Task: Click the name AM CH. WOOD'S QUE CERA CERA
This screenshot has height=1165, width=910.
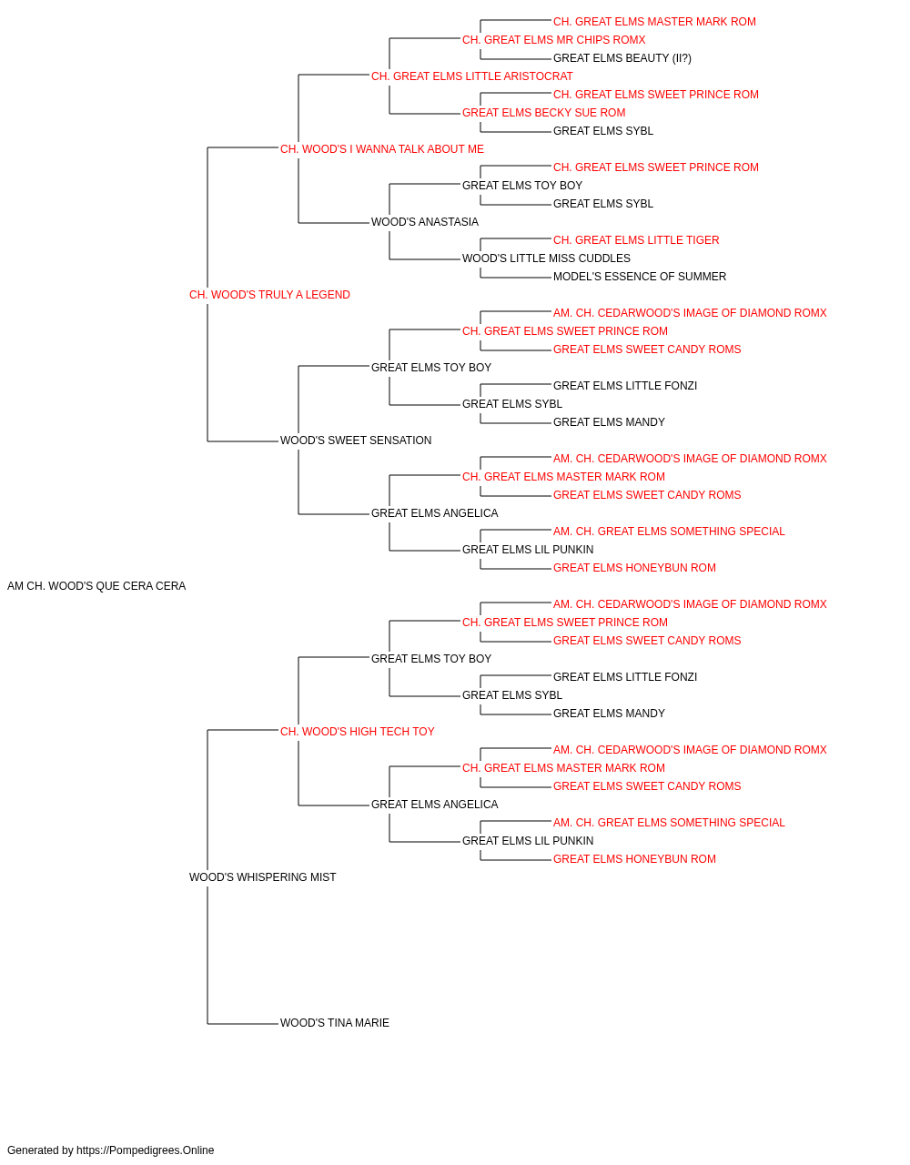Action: click(96, 586)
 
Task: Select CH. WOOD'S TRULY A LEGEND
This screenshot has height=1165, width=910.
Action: click(269, 295)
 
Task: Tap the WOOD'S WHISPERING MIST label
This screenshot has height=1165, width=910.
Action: click(263, 877)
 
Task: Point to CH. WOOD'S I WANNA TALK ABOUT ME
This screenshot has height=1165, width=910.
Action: click(382, 149)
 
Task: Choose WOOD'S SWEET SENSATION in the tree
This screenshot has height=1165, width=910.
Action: click(356, 441)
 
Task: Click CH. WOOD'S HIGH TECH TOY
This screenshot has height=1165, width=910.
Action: click(358, 732)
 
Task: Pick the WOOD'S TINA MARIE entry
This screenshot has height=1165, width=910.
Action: click(335, 1023)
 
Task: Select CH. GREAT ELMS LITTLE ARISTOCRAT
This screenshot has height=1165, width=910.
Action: click(472, 76)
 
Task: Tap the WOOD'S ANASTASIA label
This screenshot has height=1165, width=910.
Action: click(425, 222)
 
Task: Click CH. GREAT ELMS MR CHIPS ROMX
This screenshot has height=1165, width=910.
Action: click(554, 40)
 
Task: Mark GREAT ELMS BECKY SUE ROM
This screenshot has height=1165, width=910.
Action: click(544, 113)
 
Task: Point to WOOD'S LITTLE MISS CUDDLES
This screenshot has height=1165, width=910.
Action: click(547, 258)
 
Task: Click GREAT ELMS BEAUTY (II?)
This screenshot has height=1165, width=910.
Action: click(622, 58)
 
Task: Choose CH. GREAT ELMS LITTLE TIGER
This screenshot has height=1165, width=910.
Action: click(636, 240)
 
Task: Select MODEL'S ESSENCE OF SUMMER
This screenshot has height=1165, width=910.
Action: click(640, 277)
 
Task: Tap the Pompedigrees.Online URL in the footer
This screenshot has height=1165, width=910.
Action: click(146, 1150)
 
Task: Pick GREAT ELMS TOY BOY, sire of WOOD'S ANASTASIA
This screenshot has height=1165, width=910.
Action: click(522, 186)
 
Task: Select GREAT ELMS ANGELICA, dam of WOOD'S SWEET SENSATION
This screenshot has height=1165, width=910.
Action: click(435, 513)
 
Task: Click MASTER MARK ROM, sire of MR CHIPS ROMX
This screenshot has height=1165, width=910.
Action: click(654, 22)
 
